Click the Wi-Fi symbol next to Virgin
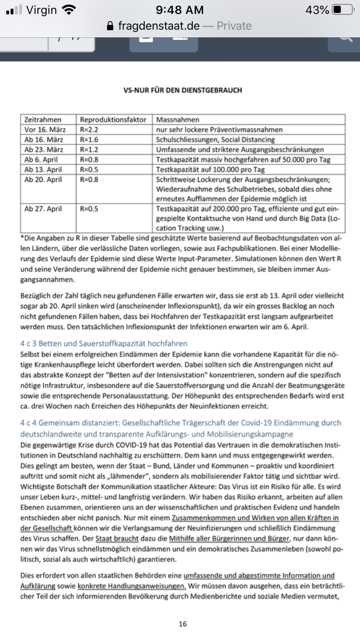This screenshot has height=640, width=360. [x=69, y=10]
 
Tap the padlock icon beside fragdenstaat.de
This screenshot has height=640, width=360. [x=111, y=26]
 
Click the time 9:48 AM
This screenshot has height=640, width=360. [x=180, y=10]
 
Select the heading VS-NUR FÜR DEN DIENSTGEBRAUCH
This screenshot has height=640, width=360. [x=183, y=90]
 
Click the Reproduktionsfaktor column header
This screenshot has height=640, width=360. [x=113, y=119]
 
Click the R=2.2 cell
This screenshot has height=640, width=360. [x=88, y=130]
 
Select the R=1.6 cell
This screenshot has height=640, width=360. [x=88, y=140]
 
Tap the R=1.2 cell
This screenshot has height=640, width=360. [x=88, y=150]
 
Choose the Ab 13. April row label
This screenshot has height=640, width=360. [x=43, y=170]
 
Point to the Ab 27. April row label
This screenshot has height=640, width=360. [x=43, y=209]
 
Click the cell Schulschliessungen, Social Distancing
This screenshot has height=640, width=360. [x=216, y=140]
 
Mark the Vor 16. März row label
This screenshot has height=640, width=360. [x=45, y=130]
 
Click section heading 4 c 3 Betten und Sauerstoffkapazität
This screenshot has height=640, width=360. [x=104, y=344]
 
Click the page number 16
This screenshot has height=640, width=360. [x=182, y=624]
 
